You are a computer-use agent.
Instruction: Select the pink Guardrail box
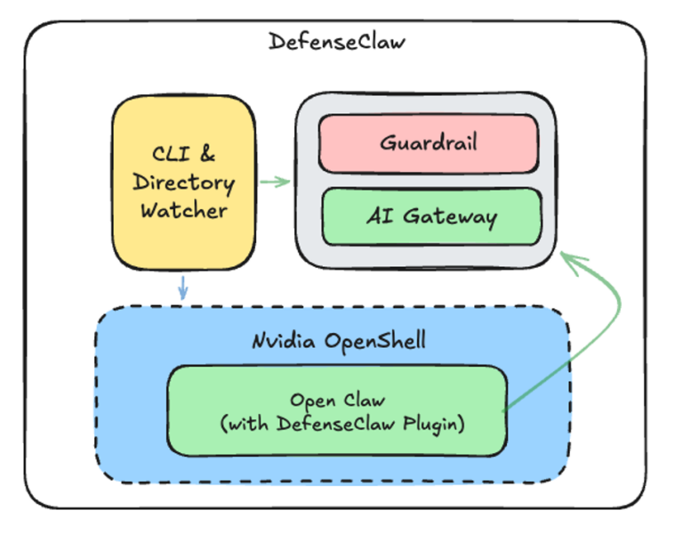click(429, 142)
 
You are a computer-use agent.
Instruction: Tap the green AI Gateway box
click(430, 216)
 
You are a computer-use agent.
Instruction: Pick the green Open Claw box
click(337, 410)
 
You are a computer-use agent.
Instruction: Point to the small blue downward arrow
click(183, 287)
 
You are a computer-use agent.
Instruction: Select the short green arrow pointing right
click(275, 183)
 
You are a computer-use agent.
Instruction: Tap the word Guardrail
click(429, 142)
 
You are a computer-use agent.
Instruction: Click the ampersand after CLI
click(206, 154)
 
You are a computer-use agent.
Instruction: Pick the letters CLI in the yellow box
click(169, 154)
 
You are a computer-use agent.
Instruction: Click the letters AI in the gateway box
click(378, 216)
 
